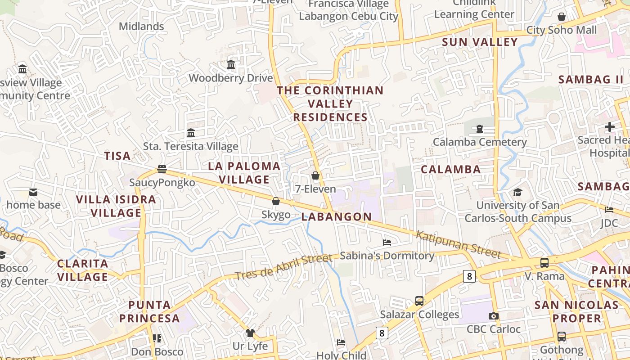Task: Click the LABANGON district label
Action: click(x=337, y=216)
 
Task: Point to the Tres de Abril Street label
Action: click(x=283, y=267)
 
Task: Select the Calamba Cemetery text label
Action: click(x=480, y=142)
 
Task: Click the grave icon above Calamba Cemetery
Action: click(x=480, y=129)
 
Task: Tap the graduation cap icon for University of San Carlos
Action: click(x=518, y=193)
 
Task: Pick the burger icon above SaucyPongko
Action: click(x=162, y=169)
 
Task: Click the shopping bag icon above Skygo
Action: click(x=276, y=201)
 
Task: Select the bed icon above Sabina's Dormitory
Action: click(x=387, y=243)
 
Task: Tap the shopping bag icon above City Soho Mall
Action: click(x=562, y=17)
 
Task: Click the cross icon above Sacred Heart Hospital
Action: click(x=610, y=127)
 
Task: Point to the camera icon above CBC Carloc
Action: click(x=494, y=316)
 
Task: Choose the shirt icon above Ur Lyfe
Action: click(x=250, y=333)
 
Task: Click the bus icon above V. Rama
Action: click(x=544, y=262)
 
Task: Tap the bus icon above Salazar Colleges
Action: click(x=419, y=301)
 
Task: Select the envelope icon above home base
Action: click(x=33, y=192)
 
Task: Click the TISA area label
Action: click(x=117, y=156)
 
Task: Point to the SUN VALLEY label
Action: click(x=480, y=42)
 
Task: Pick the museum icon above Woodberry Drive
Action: click(x=231, y=65)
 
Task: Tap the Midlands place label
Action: click(x=141, y=27)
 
